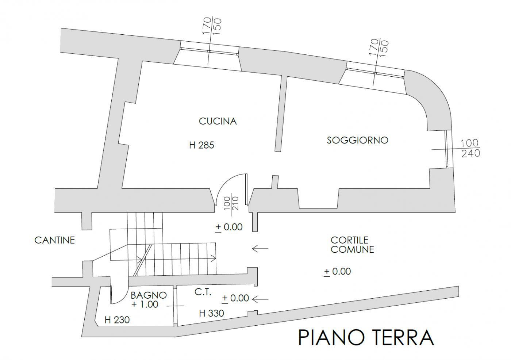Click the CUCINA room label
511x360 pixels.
218,121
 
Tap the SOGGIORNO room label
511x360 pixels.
357,140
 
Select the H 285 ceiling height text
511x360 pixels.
201,145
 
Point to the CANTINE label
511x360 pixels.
54,240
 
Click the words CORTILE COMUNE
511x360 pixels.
352,245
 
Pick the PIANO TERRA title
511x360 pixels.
366,338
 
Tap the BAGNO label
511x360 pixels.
149,295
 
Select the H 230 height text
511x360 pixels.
117,320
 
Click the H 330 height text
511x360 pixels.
211,313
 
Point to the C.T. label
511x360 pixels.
203,292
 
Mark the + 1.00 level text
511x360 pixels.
145,305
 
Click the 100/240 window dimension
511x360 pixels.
470,148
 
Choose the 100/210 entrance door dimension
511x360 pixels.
231,203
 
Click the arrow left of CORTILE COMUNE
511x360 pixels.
260,248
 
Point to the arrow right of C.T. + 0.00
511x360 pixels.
260,299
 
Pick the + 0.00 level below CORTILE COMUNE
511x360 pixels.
337,272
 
